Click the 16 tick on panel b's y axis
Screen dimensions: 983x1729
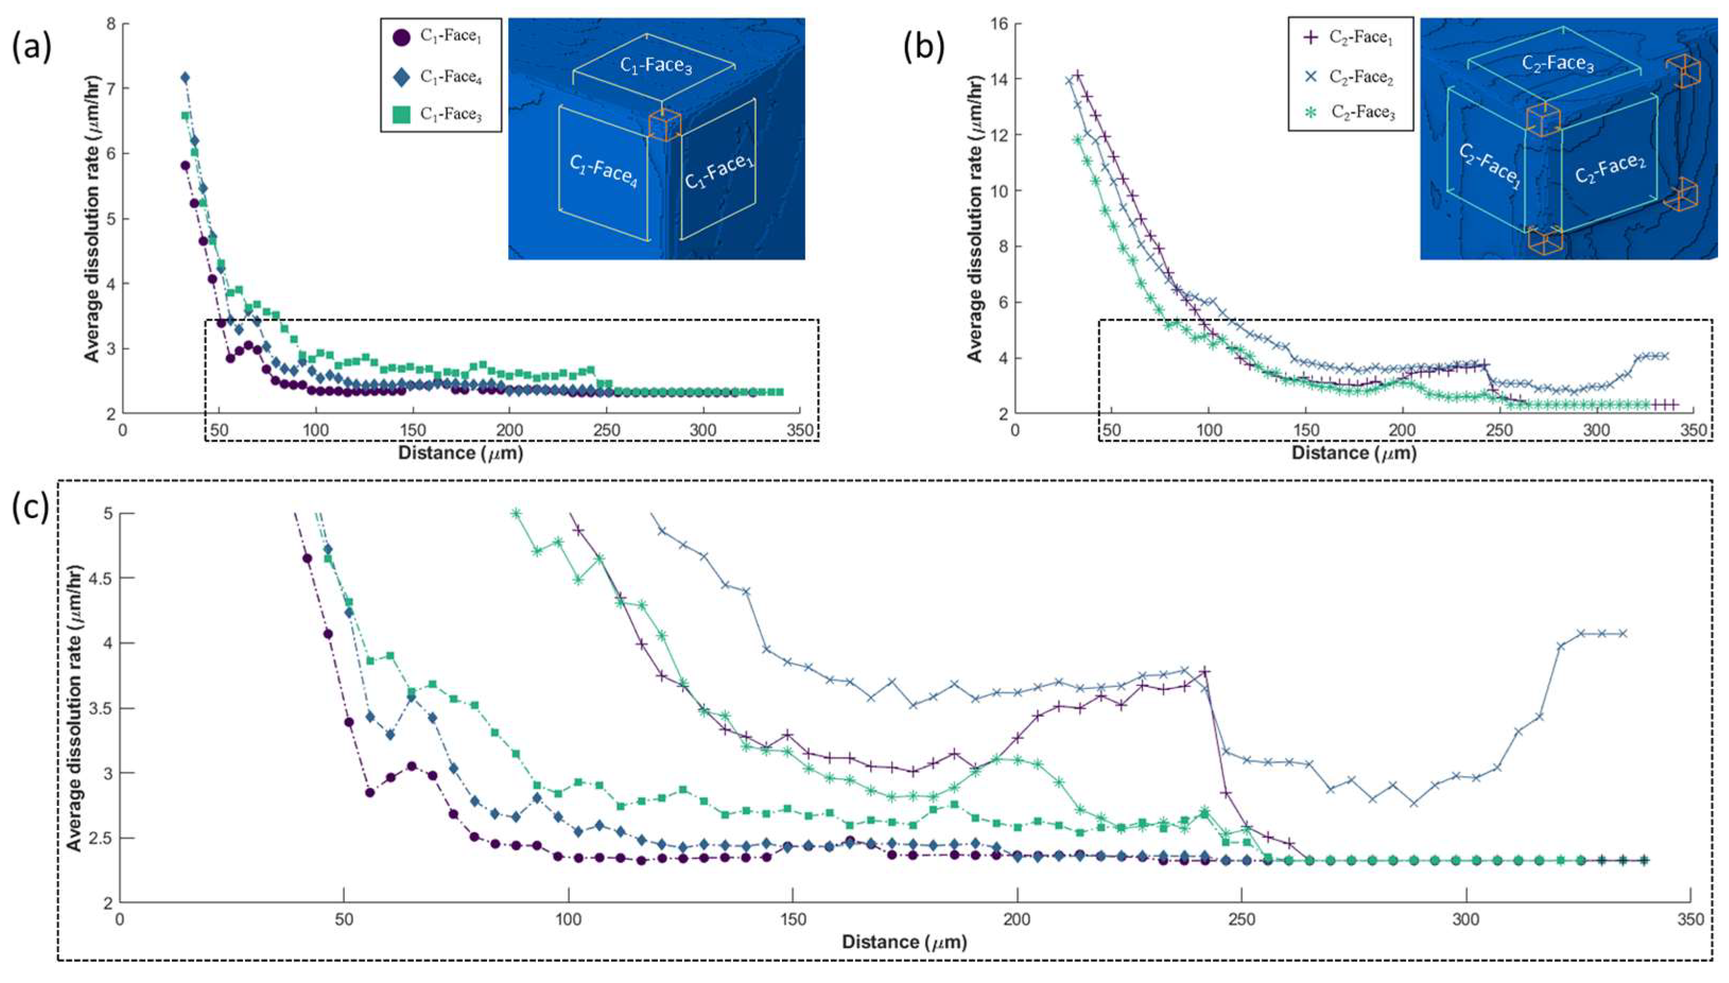click(x=998, y=24)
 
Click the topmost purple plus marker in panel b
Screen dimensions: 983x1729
click(x=1078, y=75)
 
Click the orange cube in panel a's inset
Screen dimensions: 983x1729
click(x=664, y=126)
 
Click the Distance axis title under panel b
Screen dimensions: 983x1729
click(x=1353, y=453)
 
